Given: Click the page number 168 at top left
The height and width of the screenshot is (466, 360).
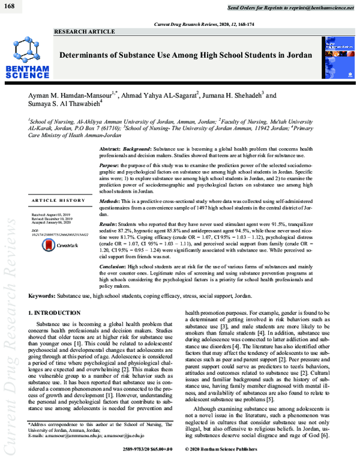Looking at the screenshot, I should tap(11, 5).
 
